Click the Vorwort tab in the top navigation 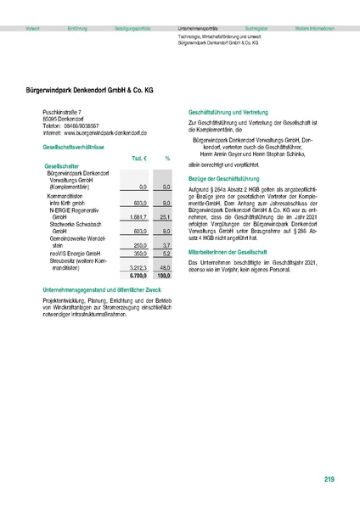point(33,29)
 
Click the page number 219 point(329,481)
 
